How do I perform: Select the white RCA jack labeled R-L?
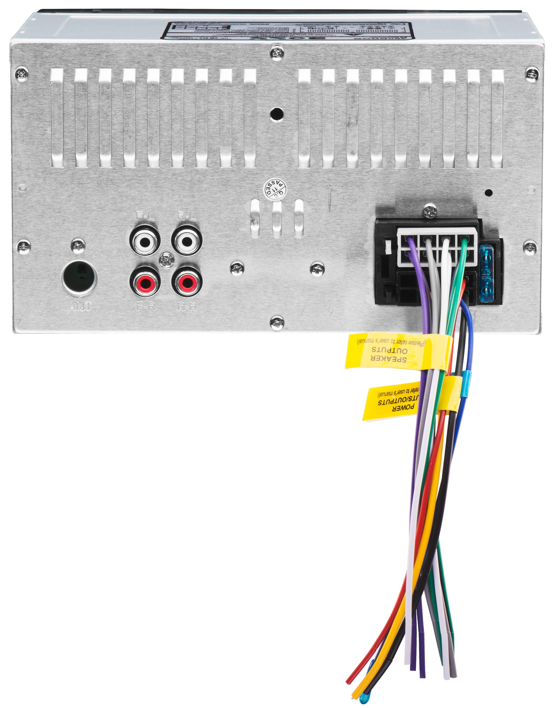187,242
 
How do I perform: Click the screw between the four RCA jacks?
166,261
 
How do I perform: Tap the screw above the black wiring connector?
430,212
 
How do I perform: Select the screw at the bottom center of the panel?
277,323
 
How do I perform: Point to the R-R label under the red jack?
187,306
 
